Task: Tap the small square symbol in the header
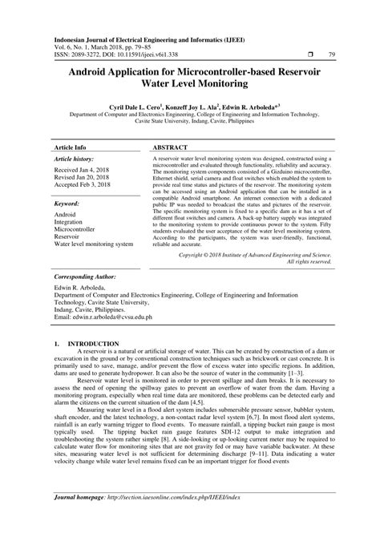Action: pyautogui.click(x=297, y=54)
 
